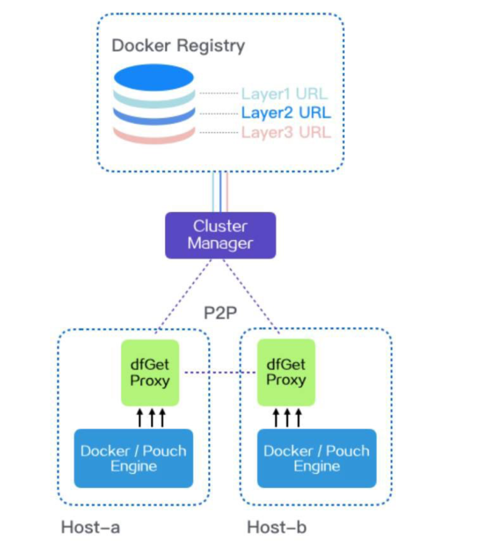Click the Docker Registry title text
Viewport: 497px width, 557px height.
click(178, 46)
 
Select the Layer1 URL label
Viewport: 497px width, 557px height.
click(285, 94)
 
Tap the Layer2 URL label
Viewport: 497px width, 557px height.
click(286, 113)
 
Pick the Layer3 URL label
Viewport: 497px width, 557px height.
click(286, 132)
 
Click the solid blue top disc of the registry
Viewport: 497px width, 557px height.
click(154, 77)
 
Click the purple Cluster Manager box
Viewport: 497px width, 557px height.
click(220, 235)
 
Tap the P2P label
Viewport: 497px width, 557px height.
click(220, 313)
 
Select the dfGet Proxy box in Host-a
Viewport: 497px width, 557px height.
click(150, 372)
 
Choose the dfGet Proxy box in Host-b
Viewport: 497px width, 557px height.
click(286, 372)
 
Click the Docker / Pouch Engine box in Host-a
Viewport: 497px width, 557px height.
click(133, 458)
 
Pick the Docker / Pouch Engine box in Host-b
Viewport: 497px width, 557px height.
click(316, 458)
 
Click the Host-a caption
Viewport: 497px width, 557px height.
click(90, 527)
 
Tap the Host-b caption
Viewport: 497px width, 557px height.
click(276, 527)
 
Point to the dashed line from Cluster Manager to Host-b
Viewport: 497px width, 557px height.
click(252, 295)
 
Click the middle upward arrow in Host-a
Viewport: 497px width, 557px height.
click(151, 417)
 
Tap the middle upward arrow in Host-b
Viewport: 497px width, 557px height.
click(287, 417)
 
